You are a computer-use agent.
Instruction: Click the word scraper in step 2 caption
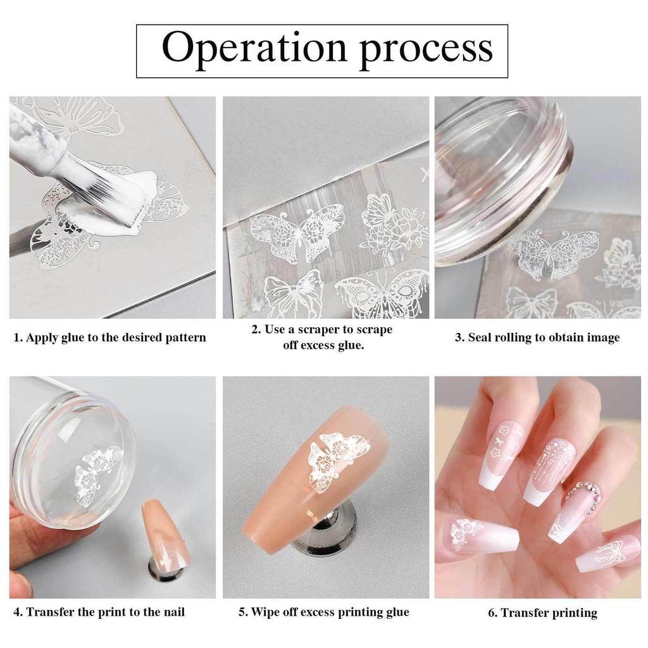point(318,330)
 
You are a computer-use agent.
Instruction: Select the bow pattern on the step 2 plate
point(294,292)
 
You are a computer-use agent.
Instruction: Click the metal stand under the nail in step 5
point(324,529)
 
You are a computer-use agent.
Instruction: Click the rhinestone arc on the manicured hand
point(583,495)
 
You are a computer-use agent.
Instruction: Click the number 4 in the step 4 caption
point(16,612)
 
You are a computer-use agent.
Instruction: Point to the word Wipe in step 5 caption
point(266,612)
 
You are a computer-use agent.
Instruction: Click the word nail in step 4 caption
point(173,612)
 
